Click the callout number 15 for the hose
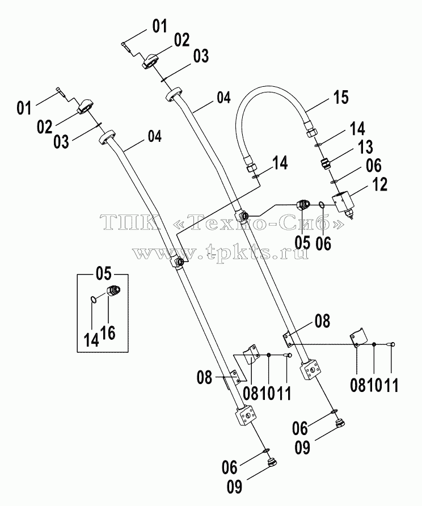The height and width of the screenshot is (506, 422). (341, 97)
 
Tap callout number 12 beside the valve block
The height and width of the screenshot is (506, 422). (379, 184)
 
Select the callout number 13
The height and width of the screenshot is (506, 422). (365, 147)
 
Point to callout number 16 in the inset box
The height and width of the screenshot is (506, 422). (108, 332)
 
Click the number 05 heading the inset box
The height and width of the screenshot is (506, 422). (104, 273)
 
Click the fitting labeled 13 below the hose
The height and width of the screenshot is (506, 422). (325, 163)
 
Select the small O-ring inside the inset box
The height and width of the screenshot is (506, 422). (93, 300)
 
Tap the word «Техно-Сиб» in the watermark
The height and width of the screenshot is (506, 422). (258, 222)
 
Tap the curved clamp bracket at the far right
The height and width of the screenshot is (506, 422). (359, 337)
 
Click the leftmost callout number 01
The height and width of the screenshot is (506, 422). (24, 108)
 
